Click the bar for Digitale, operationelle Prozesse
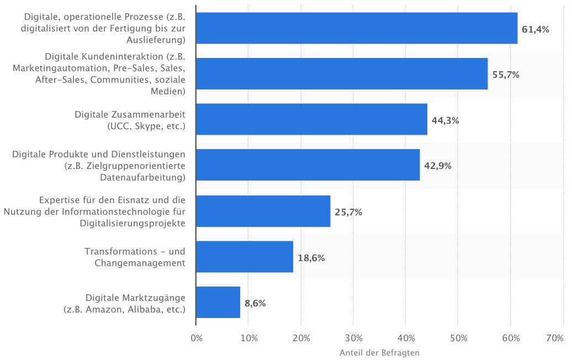(x=357, y=28)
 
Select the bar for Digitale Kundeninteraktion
(x=342, y=74)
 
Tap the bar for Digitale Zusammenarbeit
(x=311, y=120)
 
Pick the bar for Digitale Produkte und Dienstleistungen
(x=308, y=165)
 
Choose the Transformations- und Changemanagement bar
(x=245, y=257)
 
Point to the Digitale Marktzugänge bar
(x=218, y=303)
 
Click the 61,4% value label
(x=535, y=29)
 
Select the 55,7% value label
(x=505, y=75)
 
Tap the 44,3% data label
(x=445, y=120)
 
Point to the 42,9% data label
(x=437, y=166)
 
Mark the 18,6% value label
(x=311, y=257)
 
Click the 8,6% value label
(x=255, y=303)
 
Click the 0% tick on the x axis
(x=196, y=338)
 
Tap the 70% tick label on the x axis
(x=554, y=338)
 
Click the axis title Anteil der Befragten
(x=379, y=352)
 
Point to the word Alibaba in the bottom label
(x=147, y=309)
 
